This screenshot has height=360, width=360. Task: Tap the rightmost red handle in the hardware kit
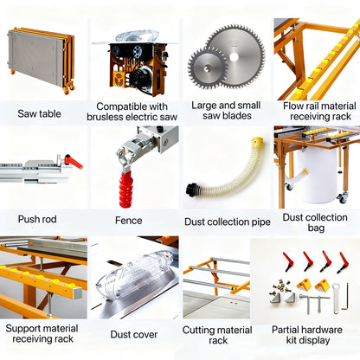coord(344,261)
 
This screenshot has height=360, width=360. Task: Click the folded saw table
coord(39,61)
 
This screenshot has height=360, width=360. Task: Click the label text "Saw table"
coord(38,113)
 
